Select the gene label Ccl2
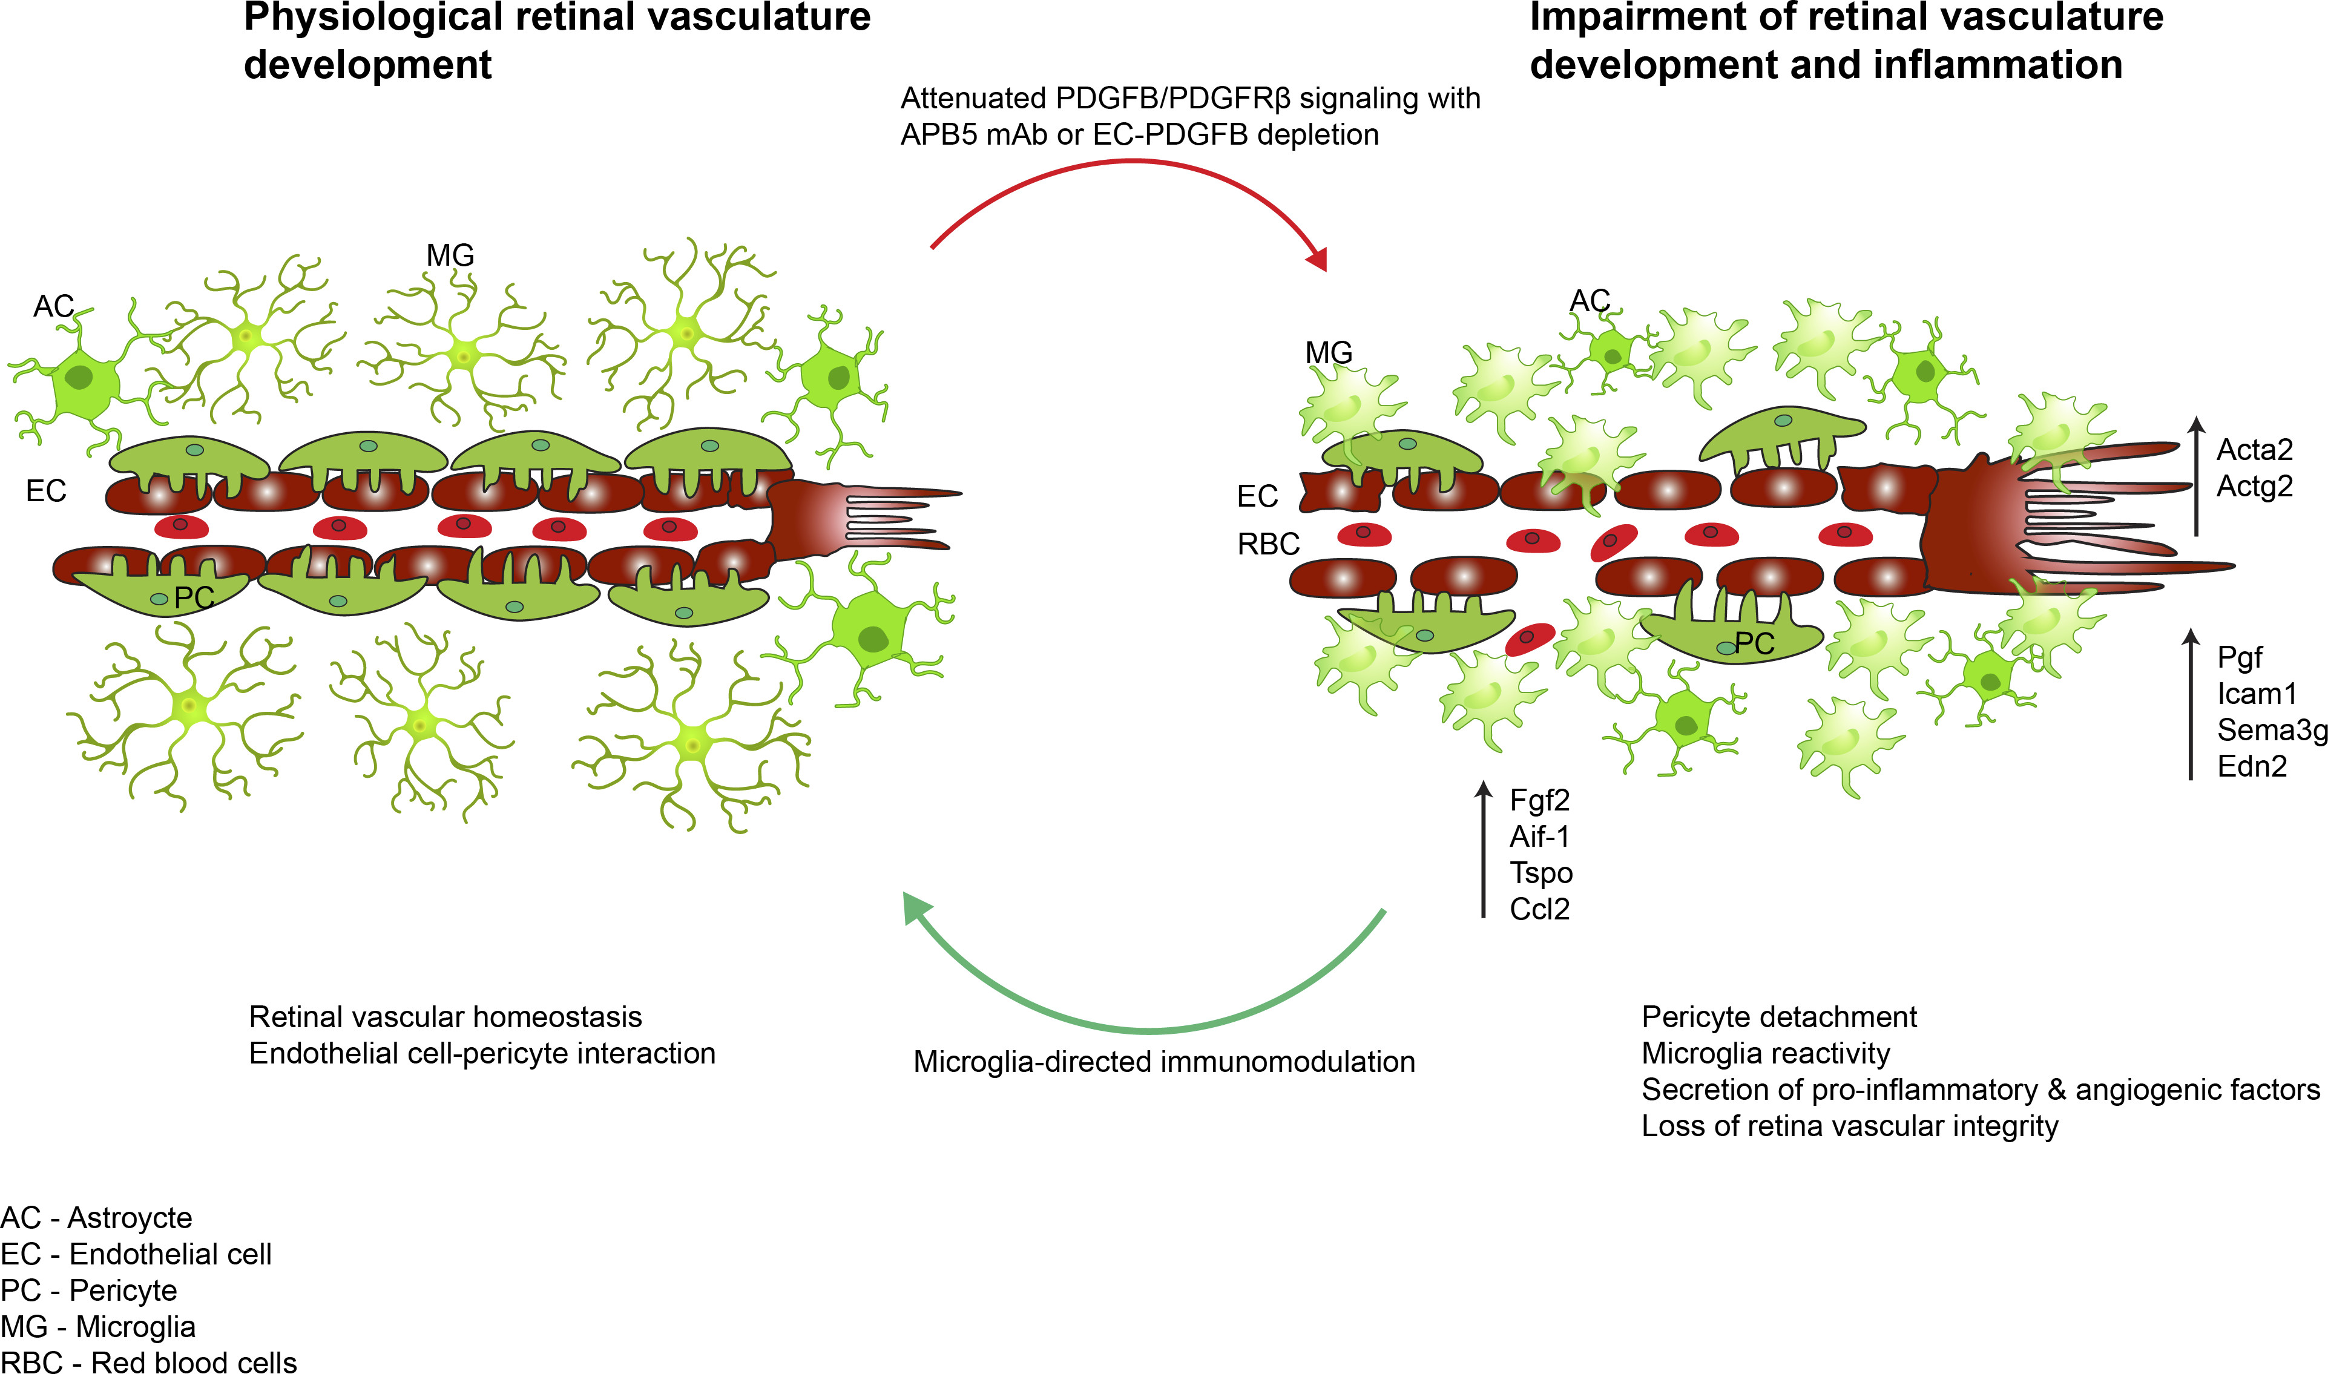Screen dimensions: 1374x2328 pos(1539,909)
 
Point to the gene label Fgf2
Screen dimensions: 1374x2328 pos(1539,800)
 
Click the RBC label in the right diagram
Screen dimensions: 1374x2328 pos(1268,544)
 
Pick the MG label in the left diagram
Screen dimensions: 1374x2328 pos(450,255)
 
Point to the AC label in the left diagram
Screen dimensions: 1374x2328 pos(53,306)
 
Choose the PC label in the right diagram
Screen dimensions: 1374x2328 pos(1754,643)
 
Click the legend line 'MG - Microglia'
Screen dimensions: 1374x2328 pos(98,1327)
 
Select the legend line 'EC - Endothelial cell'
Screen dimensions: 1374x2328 pos(136,1255)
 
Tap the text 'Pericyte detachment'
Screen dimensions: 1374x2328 pos(1778,1017)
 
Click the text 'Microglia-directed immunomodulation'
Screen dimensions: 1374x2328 pos(1163,1062)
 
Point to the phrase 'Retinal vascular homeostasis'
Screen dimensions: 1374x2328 pos(446,1017)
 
